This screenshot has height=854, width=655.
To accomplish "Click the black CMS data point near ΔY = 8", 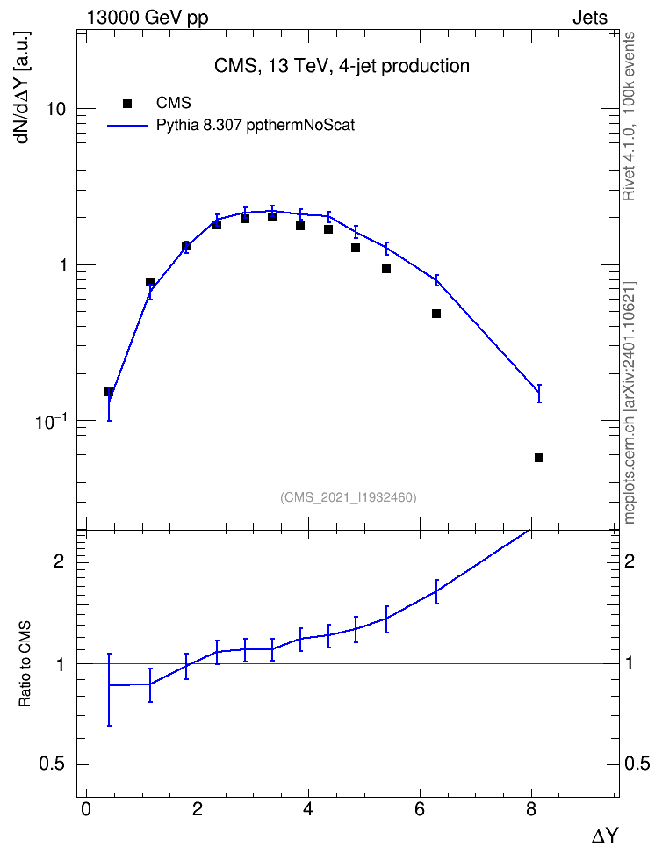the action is coord(539,458).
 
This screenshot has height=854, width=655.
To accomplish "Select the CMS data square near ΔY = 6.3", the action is coord(436,314).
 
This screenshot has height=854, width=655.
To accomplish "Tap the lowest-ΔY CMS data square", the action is coord(109,392).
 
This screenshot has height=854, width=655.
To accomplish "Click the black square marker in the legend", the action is coord(127,104).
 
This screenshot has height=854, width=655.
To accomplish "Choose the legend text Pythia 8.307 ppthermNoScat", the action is coord(256,126).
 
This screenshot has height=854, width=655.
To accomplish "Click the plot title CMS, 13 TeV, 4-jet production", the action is coord(342,66).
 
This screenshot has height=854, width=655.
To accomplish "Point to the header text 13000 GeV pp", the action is coord(148,18).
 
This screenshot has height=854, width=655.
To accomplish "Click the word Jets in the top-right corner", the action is coord(590,18).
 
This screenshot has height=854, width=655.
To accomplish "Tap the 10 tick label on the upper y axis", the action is coord(56,109).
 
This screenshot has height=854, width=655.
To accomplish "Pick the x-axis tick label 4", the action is coord(309,809).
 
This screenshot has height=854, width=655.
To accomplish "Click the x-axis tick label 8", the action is coord(531,809).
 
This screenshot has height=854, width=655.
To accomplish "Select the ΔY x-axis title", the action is coord(605,836).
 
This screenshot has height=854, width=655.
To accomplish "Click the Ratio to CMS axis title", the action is coord(25,664).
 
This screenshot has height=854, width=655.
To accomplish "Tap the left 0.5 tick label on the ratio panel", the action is coord(52,764).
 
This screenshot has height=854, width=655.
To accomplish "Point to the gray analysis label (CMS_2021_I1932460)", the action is coord(349,497).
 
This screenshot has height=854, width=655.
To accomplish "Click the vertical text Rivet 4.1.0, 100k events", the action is coord(629,116).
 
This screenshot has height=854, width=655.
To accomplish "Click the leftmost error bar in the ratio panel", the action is coord(109,690).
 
